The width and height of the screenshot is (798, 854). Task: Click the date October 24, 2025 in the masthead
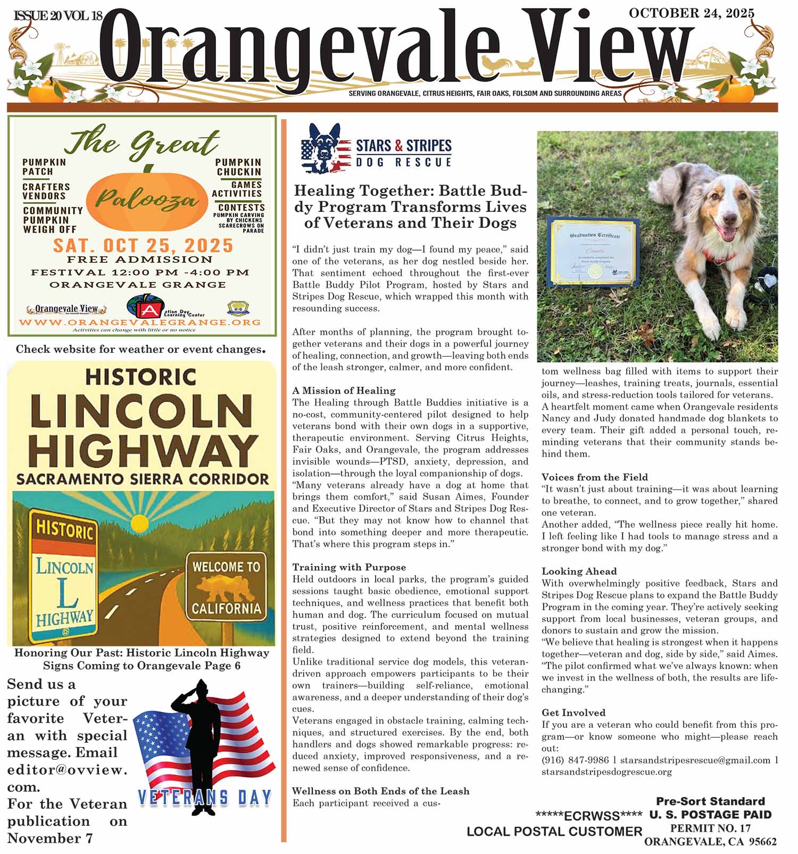click(691, 13)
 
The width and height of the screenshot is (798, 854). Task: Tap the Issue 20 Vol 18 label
click(57, 16)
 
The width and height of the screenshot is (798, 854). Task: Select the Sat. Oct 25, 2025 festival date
click(143, 245)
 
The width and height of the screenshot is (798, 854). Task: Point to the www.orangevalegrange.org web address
click(140, 322)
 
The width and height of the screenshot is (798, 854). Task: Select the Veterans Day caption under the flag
click(205, 798)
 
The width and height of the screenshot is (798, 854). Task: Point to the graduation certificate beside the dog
click(594, 253)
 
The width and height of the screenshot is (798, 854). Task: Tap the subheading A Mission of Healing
click(344, 391)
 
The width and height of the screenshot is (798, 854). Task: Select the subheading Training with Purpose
click(349, 567)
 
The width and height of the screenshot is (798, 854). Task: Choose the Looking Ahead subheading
click(579, 571)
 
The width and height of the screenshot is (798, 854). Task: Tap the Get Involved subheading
click(573, 712)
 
